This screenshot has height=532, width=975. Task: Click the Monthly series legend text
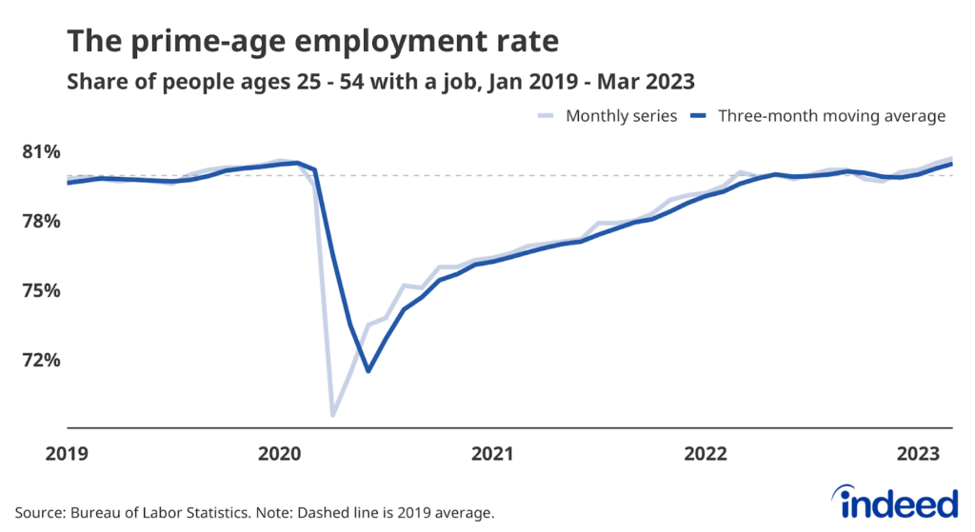pyautogui.click(x=622, y=116)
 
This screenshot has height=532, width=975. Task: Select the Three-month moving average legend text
pyautogui.click(x=830, y=116)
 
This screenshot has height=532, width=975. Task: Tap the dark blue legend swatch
pyautogui.click(x=701, y=116)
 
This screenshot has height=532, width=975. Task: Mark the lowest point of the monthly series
pyautogui.click(x=333, y=415)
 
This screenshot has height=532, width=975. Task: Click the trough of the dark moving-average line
pyautogui.click(x=368, y=370)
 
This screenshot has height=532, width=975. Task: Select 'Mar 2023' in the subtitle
pyautogui.click(x=656, y=80)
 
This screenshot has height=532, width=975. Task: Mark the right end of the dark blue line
pyautogui.click(x=951, y=164)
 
